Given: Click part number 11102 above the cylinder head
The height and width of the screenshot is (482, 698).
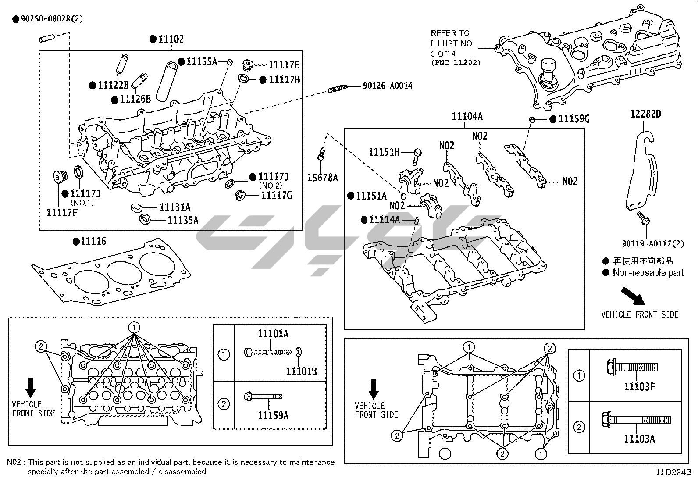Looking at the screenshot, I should (x=171, y=39).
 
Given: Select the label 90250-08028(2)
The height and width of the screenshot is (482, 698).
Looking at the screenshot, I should (x=51, y=18).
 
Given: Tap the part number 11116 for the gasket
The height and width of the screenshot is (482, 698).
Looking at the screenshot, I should (x=93, y=241).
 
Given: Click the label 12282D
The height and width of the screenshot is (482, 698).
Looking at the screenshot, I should (x=645, y=114).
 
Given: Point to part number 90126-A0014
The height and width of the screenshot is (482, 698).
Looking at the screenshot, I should (x=387, y=86).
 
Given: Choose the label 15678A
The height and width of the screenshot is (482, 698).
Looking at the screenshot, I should (x=322, y=178).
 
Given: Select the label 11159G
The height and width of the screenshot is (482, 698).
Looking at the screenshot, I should (x=574, y=119).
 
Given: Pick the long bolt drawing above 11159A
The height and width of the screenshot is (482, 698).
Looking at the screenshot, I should (x=263, y=397).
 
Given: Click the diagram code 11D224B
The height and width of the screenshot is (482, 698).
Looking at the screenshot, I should (x=673, y=472).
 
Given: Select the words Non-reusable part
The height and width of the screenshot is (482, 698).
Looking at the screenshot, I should (x=648, y=273).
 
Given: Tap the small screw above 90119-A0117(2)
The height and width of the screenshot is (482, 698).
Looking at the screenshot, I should (x=644, y=217).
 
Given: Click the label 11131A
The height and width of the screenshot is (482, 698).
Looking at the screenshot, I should (x=174, y=207).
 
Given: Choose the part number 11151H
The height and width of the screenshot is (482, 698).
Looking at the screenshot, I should (x=384, y=152).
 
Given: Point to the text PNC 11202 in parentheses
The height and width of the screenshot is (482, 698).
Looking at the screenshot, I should (x=456, y=63).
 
